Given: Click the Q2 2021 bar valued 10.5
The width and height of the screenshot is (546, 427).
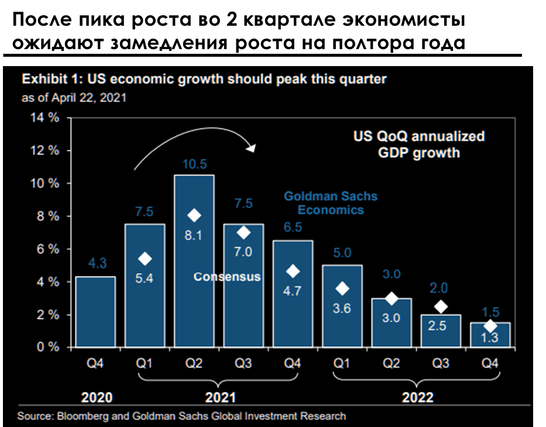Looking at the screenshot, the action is [194, 261].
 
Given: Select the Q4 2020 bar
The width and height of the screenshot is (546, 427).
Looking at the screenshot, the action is [95, 312].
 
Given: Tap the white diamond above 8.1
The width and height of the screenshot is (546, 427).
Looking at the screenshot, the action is [194, 216].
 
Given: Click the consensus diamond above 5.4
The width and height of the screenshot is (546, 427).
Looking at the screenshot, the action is [145, 259].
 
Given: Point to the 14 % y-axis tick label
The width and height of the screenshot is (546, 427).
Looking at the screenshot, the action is [44, 118].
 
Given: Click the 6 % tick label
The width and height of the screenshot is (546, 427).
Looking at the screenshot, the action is [48, 249].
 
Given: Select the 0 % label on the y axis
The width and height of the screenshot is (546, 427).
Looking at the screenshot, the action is [48, 347].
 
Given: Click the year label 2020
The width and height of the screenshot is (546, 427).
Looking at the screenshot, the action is [97, 397].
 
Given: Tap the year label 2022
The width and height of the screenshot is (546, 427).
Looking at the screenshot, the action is [417, 397].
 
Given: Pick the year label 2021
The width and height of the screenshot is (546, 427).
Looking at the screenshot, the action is [221, 397].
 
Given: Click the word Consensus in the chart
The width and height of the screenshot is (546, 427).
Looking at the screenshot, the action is [227, 277].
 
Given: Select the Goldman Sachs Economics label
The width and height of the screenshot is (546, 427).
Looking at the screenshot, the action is [331, 203].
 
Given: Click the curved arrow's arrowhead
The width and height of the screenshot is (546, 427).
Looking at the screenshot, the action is [252, 147].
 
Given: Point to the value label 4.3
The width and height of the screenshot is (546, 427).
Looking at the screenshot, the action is [97, 263].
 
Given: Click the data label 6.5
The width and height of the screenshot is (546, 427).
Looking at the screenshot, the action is [293, 228].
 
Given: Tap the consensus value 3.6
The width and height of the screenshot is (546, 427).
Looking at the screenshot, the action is [342, 308].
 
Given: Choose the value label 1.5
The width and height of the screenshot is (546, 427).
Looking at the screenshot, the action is [490, 312].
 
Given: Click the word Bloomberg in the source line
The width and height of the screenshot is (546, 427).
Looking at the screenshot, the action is [83, 416].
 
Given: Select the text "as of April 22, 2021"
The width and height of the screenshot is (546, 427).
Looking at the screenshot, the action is [74, 98].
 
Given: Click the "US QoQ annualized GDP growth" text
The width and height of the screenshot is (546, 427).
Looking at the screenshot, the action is [419, 144].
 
